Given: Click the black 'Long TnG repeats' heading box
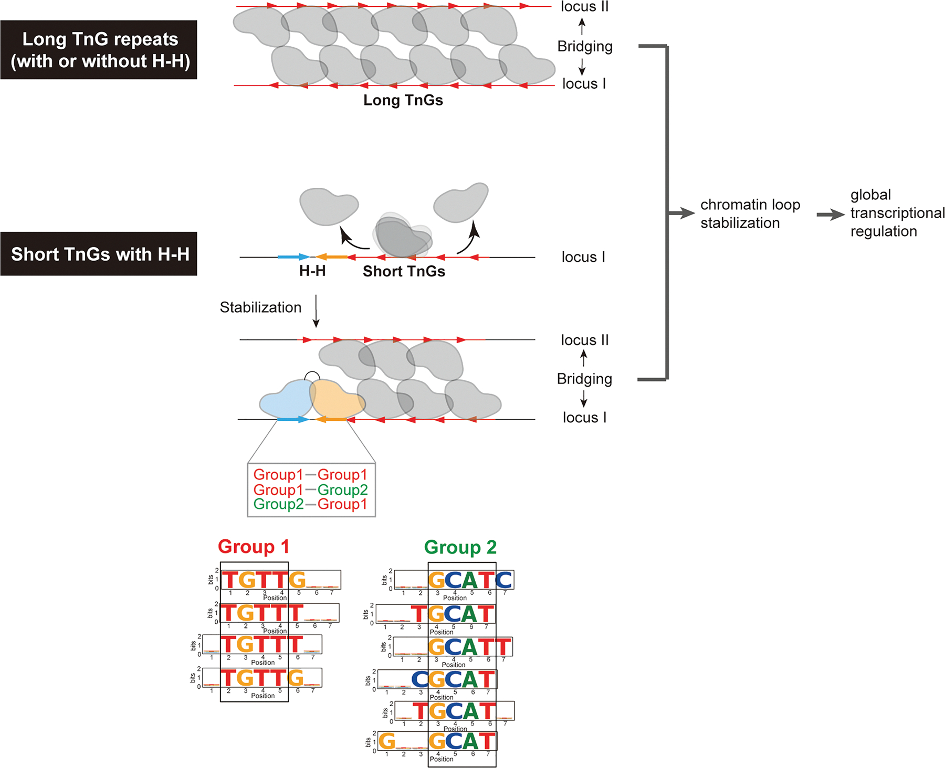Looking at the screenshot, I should (99, 50).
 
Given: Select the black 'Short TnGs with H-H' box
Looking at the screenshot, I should (99, 254).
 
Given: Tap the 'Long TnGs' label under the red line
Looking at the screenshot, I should (403, 100).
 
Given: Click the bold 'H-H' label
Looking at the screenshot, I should (312, 271).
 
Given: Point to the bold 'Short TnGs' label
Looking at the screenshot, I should (404, 271).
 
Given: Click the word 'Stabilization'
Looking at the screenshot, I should (260, 307).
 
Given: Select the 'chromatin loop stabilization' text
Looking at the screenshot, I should (750, 214).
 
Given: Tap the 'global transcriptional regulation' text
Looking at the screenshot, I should (897, 213).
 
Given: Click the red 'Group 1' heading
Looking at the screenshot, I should (254, 547).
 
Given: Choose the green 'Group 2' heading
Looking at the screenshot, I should (460, 547).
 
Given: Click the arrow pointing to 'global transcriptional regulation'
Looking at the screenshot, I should (831, 215).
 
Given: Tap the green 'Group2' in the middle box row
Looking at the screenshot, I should (342, 490).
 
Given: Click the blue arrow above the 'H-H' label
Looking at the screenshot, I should (293, 257).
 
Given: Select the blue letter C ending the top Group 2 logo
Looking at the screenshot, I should (503, 580).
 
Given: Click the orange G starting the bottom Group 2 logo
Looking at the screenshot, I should (387, 741).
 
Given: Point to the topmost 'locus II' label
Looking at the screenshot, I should (584, 7).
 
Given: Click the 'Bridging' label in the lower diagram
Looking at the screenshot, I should (584, 379).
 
